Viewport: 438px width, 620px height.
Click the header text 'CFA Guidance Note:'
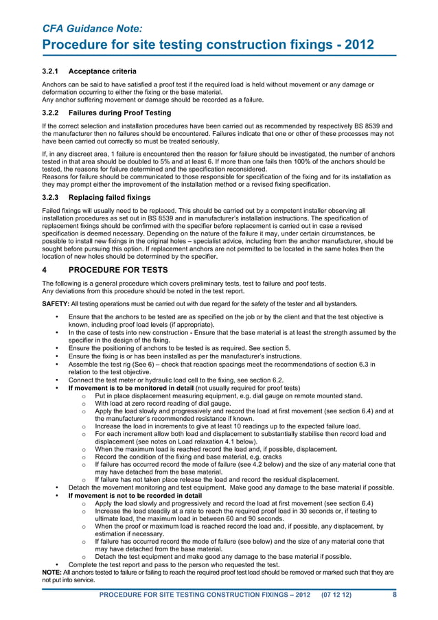93,28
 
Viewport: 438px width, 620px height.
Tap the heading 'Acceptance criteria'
102,71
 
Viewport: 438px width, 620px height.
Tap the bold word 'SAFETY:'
56,303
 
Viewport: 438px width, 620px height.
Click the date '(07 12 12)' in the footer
336,595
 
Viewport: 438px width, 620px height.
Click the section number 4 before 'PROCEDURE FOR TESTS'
45,270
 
